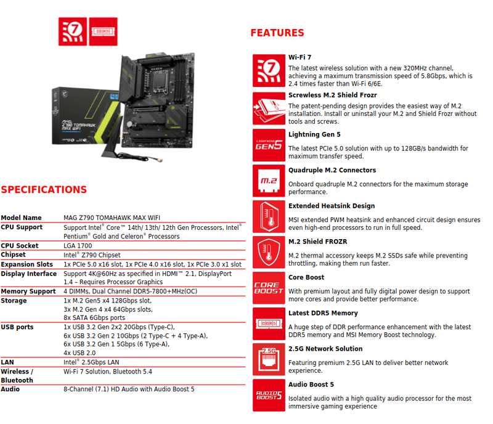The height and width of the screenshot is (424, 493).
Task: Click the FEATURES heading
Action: (x=277, y=33)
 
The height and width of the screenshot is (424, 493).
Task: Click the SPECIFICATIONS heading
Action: (x=44, y=190)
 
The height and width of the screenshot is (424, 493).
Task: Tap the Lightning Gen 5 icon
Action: (x=269, y=145)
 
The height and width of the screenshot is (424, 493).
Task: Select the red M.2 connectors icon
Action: (x=269, y=181)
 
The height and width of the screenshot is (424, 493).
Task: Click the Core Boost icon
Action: (x=269, y=288)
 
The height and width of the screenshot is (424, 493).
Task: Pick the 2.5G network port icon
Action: (x=269, y=359)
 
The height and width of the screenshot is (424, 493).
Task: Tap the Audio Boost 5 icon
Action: (x=269, y=395)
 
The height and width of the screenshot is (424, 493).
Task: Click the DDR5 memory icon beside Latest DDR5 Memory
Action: (x=269, y=324)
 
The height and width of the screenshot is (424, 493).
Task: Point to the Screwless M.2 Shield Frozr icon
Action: (x=269, y=108)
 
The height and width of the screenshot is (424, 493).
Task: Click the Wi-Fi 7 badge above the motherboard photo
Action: (x=73, y=31)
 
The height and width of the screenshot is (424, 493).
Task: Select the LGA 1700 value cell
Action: (x=78, y=246)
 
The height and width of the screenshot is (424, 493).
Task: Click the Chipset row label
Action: (x=13, y=255)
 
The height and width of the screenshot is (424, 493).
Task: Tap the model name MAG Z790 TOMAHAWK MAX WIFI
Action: (x=112, y=218)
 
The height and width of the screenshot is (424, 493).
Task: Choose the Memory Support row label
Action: (x=28, y=291)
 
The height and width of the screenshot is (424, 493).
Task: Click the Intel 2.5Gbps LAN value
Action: (x=91, y=362)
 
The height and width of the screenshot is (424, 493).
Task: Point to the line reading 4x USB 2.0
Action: (x=79, y=353)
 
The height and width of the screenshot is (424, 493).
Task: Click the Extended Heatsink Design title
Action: (x=332, y=206)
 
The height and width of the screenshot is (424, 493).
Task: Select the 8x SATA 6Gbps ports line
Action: (x=94, y=317)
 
